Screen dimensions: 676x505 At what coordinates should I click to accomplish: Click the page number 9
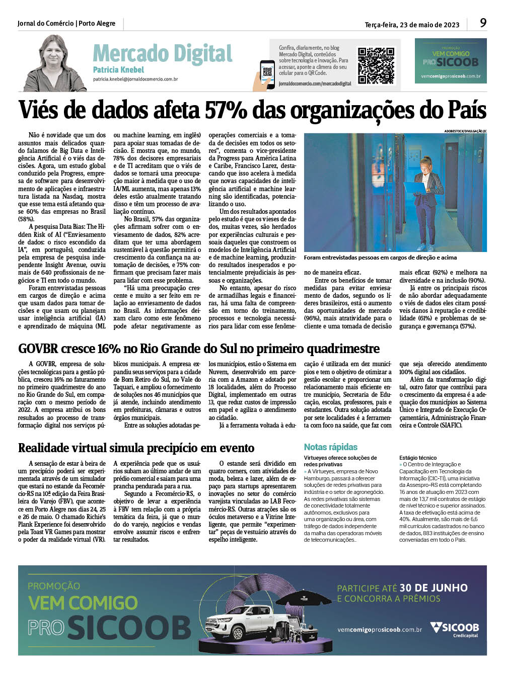[x=483, y=23]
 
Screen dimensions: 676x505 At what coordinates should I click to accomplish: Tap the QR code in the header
[x=376, y=66]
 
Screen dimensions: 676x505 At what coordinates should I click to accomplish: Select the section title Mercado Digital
[x=162, y=53]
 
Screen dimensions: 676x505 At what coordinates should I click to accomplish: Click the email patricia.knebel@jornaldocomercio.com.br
[x=135, y=79]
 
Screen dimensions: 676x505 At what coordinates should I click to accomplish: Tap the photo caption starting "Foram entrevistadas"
[x=380, y=258]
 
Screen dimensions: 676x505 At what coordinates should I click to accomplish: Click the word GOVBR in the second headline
[x=38, y=349]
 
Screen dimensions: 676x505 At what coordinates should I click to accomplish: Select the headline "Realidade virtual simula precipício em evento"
[x=136, y=448]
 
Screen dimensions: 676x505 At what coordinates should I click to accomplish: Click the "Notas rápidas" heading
[x=330, y=447]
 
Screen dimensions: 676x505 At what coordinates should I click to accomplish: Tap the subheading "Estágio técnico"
[x=418, y=458]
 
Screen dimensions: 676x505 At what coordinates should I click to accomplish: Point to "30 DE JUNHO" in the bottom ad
[x=434, y=588]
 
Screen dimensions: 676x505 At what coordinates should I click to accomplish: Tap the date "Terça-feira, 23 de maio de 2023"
[x=412, y=25]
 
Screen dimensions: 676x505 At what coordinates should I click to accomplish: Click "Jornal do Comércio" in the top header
[x=45, y=24]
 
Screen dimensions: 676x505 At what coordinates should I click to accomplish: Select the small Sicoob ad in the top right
[x=450, y=61]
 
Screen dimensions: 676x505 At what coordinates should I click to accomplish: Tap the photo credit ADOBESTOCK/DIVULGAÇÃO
[x=465, y=131]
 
